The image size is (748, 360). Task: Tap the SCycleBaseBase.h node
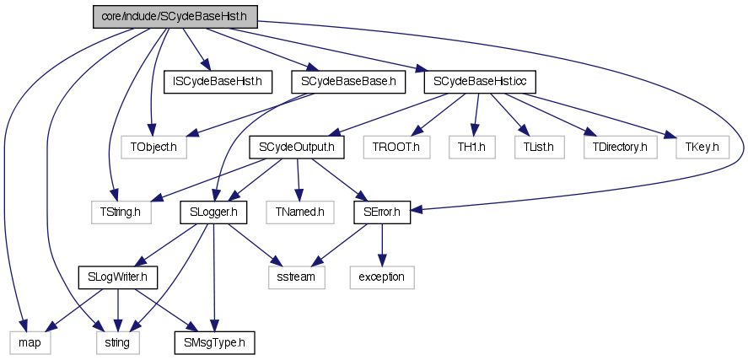[x=347, y=83]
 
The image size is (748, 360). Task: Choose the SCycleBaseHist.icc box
[x=480, y=83]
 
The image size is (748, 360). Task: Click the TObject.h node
[x=153, y=148]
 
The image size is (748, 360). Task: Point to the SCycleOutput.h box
[x=298, y=148]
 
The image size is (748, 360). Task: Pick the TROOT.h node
[x=396, y=148]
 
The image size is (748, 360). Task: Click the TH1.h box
[x=471, y=148]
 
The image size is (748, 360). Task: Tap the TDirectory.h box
[x=620, y=148]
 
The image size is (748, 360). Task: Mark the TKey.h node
[x=702, y=148]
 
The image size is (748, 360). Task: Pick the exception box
[x=381, y=277]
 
